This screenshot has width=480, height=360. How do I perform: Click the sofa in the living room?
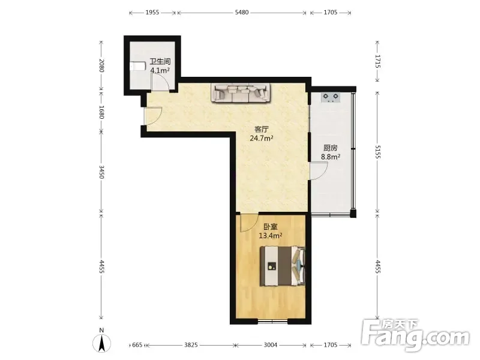[x=241, y=93]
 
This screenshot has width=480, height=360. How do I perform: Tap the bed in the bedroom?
[x=283, y=266]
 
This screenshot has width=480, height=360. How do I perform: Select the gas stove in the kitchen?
[x=331, y=97]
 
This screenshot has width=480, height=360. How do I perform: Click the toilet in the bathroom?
[x=137, y=67]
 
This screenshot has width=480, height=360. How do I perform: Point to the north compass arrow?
[x=102, y=343]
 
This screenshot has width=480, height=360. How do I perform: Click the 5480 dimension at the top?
[x=242, y=13]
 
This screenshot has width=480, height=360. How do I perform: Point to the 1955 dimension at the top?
[x=152, y=13]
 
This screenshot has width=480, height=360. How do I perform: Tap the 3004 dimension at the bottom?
[x=271, y=345]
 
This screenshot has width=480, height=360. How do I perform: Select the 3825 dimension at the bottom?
[x=191, y=345]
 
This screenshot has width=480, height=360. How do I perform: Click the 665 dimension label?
[x=137, y=345]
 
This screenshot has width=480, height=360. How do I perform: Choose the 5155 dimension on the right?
[x=377, y=152]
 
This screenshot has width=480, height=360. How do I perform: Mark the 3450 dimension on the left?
[x=101, y=172]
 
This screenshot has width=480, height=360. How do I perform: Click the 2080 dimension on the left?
[x=101, y=65]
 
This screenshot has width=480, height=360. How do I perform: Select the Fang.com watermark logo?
[x=415, y=335]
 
